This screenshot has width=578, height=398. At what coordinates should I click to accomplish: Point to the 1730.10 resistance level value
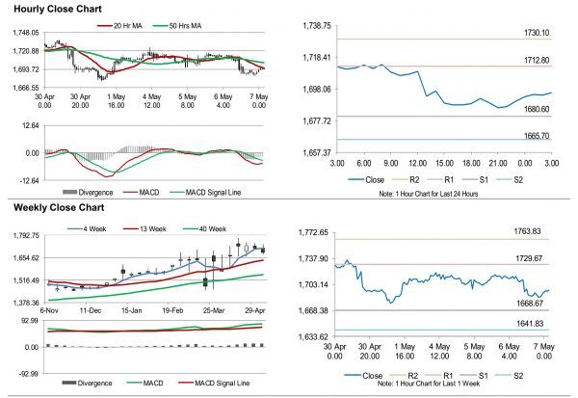coord(533,33)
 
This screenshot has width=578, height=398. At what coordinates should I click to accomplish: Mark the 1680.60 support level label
coord(533,109)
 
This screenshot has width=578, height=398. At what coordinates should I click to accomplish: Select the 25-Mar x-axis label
coord(214,312)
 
